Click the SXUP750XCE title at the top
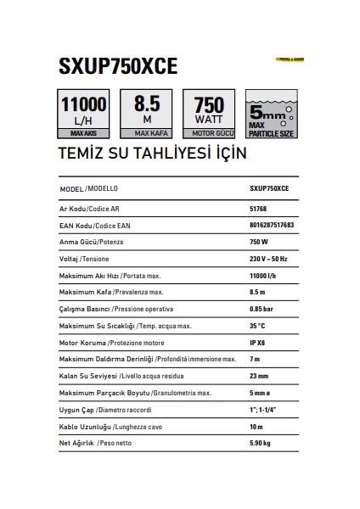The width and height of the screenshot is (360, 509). coord(118,68)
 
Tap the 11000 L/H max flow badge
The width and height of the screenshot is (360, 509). coord(83,114)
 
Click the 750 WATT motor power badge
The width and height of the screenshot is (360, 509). coord(209,114)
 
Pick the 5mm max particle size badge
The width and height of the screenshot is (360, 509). coord(271,114)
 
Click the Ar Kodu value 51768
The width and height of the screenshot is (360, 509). coord(259,209)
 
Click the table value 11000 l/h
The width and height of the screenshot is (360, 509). coord(264,276)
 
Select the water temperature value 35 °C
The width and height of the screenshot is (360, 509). coord(258,326)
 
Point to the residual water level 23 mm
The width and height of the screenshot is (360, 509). coord(260,375)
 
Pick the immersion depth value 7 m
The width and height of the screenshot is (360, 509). coord(256,360)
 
